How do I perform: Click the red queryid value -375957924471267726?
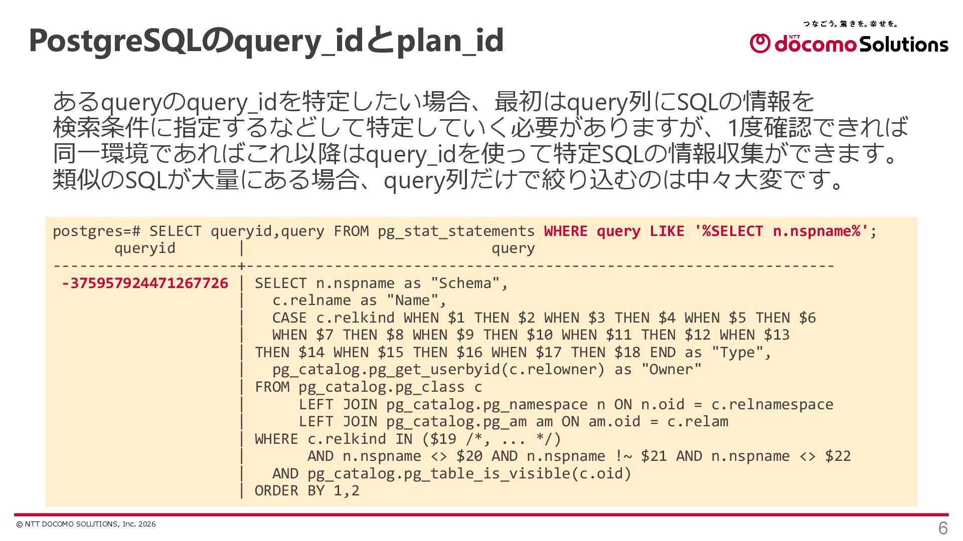(x=145, y=283)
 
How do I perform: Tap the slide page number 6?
(x=942, y=528)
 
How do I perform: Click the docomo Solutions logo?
(x=849, y=44)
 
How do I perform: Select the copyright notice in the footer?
(x=86, y=524)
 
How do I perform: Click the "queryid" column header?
(x=144, y=248)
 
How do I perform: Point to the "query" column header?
(x=513, y=248)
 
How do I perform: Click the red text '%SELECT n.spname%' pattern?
(x=781, y=231)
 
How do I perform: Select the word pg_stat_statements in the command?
(x=456, y=231)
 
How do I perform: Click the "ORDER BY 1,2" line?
(x=307, y=490)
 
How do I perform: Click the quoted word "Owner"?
(x=671, y=370)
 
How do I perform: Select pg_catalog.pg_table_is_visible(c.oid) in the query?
(x=469, y=473)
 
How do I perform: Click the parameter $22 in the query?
(x=838, y=456)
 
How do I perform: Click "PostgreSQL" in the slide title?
(x=115, y=40)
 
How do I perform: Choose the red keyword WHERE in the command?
(x=565, y=231)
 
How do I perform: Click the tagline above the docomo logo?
(x=850, y=24)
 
